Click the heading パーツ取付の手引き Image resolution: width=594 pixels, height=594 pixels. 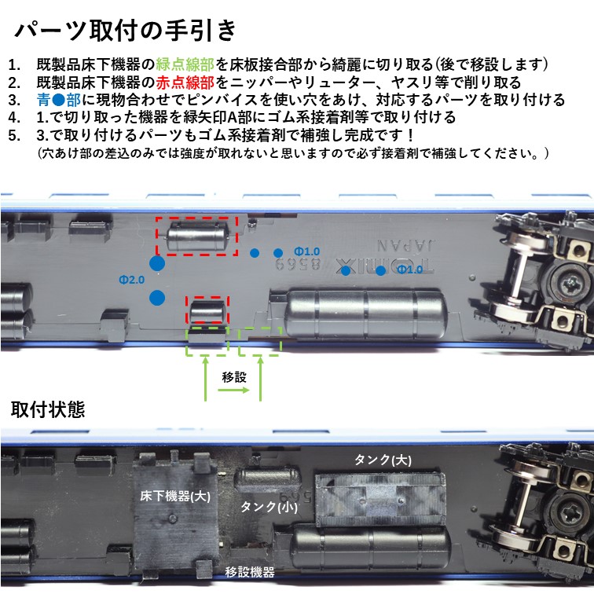125,31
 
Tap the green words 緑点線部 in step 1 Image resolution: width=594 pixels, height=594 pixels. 185,64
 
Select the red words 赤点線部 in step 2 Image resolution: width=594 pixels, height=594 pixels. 185,82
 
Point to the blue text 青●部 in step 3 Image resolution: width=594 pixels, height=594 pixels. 59,100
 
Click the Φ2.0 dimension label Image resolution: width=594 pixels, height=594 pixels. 131,280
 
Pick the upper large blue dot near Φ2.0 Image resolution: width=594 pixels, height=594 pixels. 157,263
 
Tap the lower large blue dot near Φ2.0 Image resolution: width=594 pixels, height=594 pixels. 157,298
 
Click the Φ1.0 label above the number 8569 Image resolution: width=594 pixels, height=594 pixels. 307,251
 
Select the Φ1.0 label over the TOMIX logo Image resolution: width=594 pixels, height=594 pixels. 410,269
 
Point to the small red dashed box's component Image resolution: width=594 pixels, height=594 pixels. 207,310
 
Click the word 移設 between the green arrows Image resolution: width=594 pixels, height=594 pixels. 234,377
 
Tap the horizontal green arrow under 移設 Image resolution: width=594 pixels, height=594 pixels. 233,390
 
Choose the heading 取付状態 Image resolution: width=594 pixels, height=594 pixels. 48,409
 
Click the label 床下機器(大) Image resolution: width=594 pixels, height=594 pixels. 175,497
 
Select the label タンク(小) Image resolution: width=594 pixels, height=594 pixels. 269,507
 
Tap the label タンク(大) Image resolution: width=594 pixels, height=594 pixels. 383,460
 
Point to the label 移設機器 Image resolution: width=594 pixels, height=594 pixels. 250,572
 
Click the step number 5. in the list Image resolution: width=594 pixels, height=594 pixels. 14,136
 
